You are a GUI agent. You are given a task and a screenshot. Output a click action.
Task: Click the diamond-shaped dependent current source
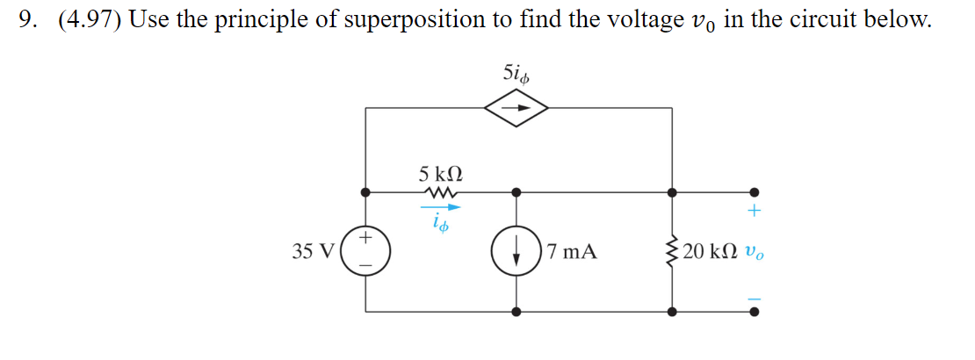click(516, 108)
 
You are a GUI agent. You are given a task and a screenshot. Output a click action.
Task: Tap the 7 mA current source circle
click(516, 252)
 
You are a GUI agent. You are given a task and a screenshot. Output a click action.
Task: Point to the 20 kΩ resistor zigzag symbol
click(672, 252)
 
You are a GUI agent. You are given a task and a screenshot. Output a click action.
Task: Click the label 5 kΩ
click(440, 174)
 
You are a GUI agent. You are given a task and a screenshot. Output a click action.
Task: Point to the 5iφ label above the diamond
click(516, 74)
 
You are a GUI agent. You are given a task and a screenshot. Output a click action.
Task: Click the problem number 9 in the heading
click(26, 20)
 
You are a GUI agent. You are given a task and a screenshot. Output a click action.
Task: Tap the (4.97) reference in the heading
click(90, 21)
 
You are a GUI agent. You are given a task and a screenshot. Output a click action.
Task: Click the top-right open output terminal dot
click(754, 192)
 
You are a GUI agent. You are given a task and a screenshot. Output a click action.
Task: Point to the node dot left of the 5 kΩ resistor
click(365, 192)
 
